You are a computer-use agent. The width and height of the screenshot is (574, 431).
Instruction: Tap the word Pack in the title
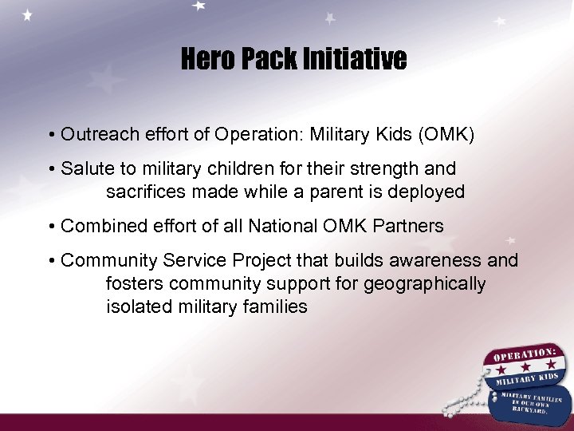(267, 59)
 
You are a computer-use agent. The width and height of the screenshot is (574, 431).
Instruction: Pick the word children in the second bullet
(242, 169)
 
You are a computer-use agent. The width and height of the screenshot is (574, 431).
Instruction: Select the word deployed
(426, 192)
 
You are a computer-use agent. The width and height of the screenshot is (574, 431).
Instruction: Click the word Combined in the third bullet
(97, 226)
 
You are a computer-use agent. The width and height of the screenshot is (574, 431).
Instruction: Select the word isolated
(136, 306)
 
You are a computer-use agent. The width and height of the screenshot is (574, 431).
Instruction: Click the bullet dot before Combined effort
(51, 227)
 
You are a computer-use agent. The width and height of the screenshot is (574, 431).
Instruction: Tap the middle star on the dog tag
(525, 369)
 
